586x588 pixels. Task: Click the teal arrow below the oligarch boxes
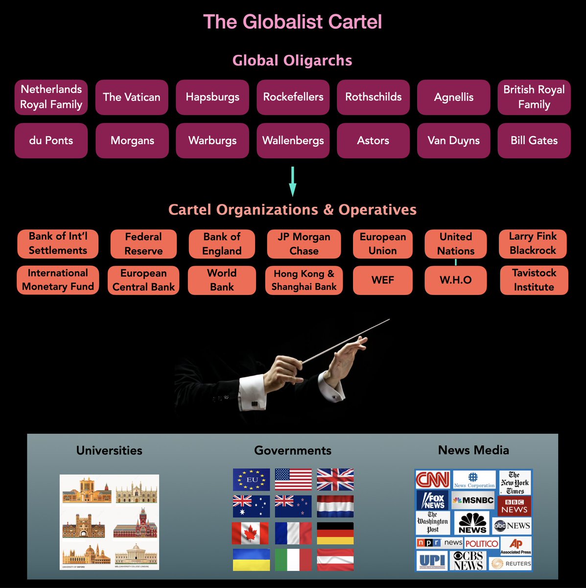pos(293,181)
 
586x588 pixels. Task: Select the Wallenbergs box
pos(293,141)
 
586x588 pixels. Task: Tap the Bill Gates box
pos(534,141)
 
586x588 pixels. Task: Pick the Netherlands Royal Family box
pos(51,97)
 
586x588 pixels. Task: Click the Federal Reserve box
pos(143,244)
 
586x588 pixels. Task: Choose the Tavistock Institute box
pos(534,280)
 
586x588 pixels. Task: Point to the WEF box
pos(383,280)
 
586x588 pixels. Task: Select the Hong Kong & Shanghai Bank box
pos(304,280)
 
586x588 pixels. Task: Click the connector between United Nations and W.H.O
pos(456,262)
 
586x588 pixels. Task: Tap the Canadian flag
pos(250,533)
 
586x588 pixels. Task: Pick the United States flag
pos(293,480)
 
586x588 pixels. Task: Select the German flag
pos(335,533)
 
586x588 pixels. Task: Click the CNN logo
pos(432,479)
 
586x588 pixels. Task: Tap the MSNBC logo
pos(473,500)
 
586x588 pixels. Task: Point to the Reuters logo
pos(512,563)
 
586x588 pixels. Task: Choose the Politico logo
pos(482,543)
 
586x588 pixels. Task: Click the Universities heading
pos(109,450)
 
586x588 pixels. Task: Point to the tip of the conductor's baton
pos(389,320)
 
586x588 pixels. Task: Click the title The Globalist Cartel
pos(293,22)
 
